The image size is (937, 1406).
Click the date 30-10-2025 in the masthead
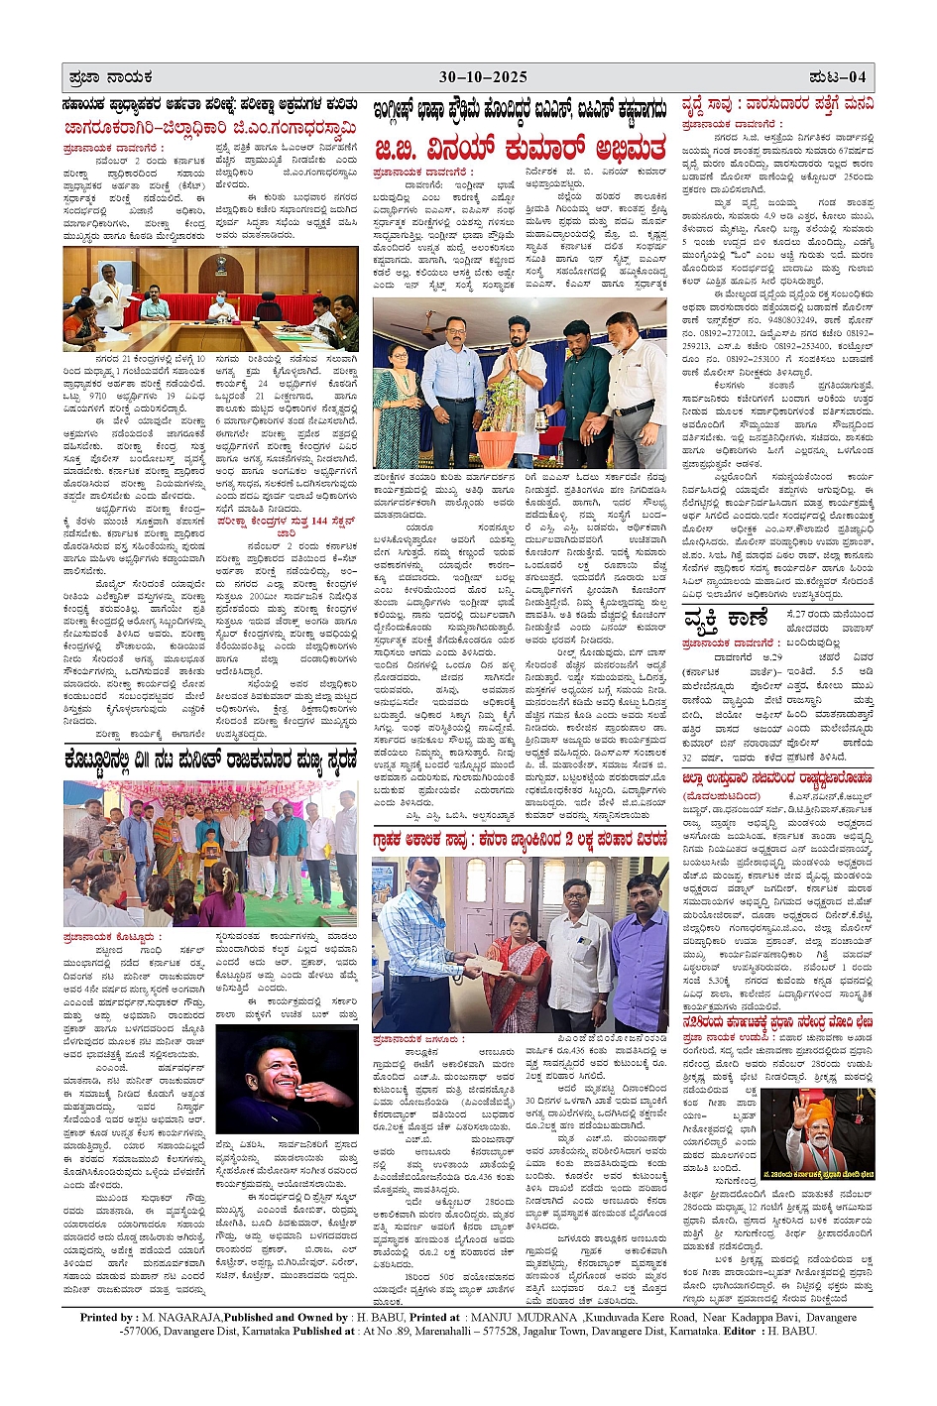[x=483, y=77]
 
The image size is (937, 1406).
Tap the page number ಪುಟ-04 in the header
[x=837, y=77]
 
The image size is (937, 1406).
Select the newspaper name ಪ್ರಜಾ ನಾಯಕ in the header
[x=110, y=77]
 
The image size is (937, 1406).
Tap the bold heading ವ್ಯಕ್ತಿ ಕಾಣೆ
[x=725, y=619]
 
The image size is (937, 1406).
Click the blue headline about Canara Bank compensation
[x=520, y=839]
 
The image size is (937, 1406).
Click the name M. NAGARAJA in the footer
[x=179, y=1317]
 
